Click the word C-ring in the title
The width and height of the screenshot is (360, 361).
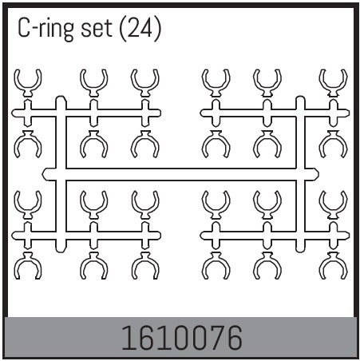[x=46, y=29]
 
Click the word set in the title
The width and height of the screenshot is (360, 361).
[x=97, y=29]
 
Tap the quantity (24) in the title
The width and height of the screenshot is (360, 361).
[x=140, y=28]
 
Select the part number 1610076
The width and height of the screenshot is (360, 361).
[x=182, y=338]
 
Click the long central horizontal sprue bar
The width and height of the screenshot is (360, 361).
[x=180, y=174]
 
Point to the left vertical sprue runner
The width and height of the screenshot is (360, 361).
[x=61, y=174]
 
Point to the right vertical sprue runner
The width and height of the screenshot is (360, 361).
[x=300, y=174]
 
